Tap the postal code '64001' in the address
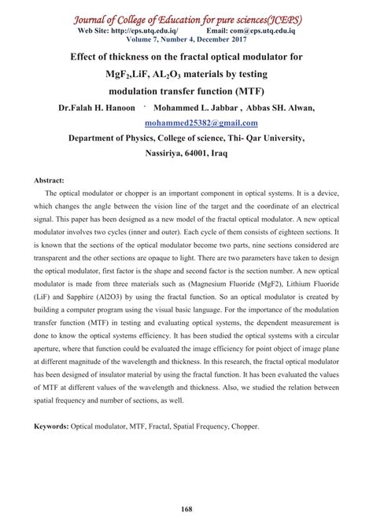[x=200, y=154]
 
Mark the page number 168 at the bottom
[x=186, y=505]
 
